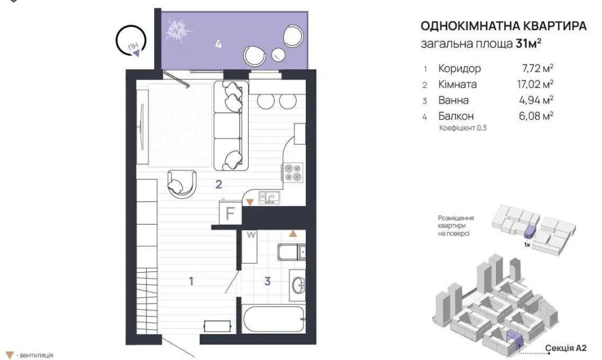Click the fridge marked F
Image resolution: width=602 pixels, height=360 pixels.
point(229,213)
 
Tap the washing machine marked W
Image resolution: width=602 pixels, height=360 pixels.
point(250,246)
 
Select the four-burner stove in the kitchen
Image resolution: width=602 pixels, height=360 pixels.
point(293,172)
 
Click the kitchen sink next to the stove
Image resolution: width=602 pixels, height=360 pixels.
point(268,197)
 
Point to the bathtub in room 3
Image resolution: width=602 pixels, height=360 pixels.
point(274,319)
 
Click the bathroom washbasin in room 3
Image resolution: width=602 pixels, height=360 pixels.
point(297,284)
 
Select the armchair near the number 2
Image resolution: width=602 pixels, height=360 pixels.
point(182,184)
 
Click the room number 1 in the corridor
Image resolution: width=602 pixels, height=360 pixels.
point(191,281)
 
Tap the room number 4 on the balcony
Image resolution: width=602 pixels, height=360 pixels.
point(218,44)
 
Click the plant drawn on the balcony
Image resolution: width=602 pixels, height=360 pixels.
point(178,30)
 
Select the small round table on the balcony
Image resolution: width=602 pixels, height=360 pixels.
point(278,55)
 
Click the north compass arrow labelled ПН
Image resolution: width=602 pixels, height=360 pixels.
point(136,53)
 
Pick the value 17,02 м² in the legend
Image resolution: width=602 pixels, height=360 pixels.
point(535,84)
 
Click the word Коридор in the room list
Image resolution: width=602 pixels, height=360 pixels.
point(459,69)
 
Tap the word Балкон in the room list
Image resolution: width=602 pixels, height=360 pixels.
point(456,116)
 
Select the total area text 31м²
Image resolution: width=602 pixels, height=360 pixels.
point(529,43)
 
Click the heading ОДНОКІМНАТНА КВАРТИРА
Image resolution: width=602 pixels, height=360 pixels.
point(503,26)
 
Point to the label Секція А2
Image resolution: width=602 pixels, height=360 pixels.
point(566,348)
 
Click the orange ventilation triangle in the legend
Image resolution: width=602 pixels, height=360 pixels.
point(10,355)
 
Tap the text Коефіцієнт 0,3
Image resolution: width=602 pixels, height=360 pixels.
point(462,128)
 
